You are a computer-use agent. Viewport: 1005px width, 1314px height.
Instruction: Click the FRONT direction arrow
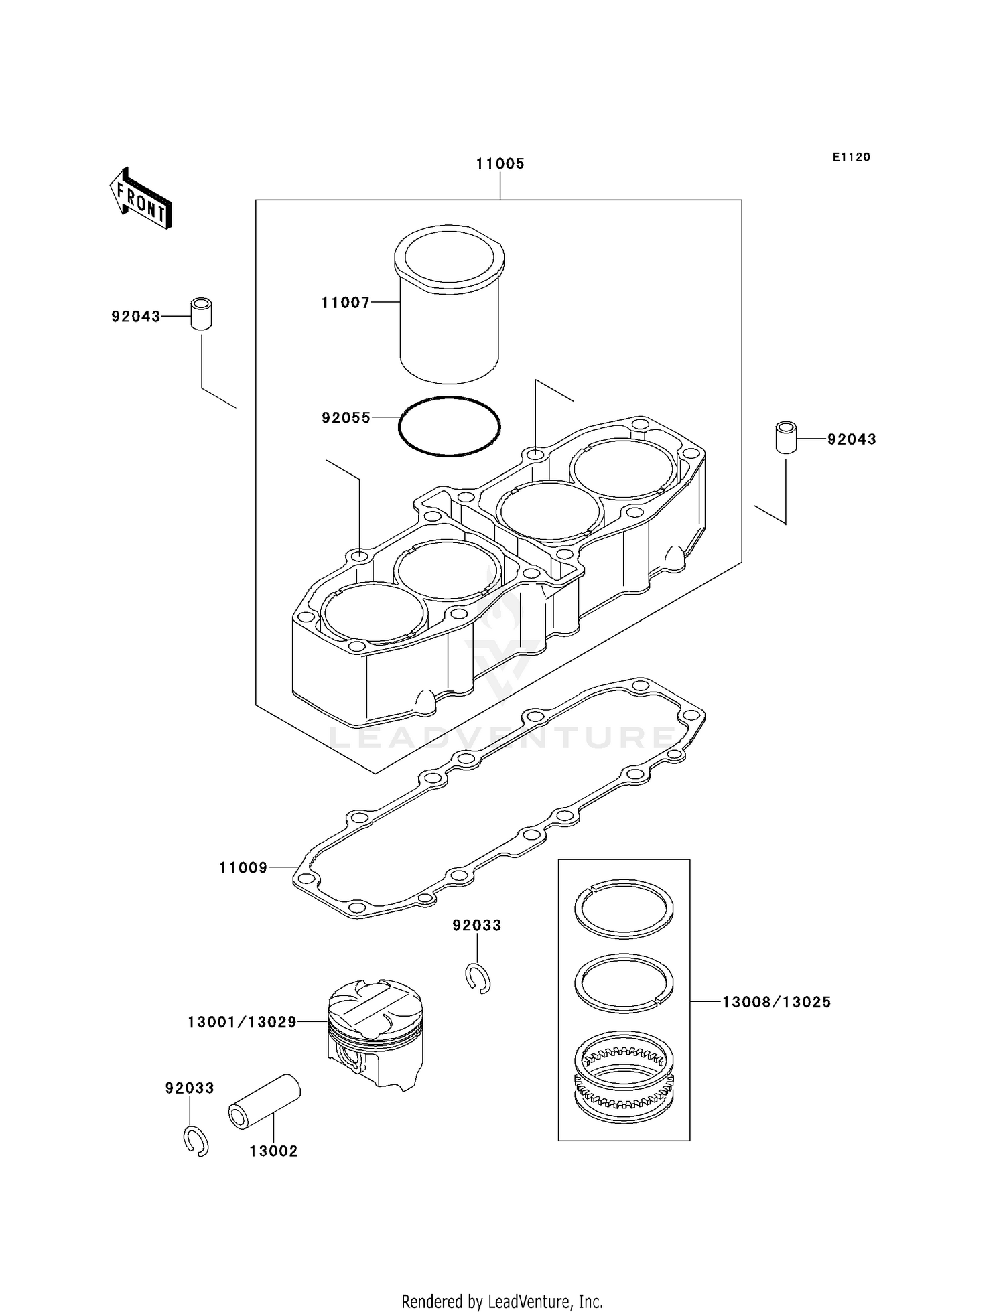click(x=141, y=199)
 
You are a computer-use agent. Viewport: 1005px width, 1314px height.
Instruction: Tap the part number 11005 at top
click(x=500, y=164)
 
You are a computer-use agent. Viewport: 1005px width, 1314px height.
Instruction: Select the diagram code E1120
click(x=851, y=157)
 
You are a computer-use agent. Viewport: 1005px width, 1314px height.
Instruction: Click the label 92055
click(x=346, y=418)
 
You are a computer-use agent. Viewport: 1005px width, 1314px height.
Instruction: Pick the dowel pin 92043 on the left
click(x=201, y=313)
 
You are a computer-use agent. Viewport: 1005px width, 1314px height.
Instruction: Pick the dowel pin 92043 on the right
click(x=786, y=437)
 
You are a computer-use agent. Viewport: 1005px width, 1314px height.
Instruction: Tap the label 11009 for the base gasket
click(x=243, y=868)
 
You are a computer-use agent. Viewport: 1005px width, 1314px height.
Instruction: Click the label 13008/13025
click(x=776, y=1003)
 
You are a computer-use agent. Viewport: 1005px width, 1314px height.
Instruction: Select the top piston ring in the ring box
click(x=624, y=909)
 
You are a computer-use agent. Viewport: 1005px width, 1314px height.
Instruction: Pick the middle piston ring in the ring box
click(x=624, y=982)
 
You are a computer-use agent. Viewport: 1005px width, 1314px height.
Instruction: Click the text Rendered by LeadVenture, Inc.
click(x=502, y=1301)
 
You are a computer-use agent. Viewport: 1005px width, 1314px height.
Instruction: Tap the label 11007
click(x=345, y=303)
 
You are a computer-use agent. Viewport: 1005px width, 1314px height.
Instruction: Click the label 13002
click(x=273, y=1151)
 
